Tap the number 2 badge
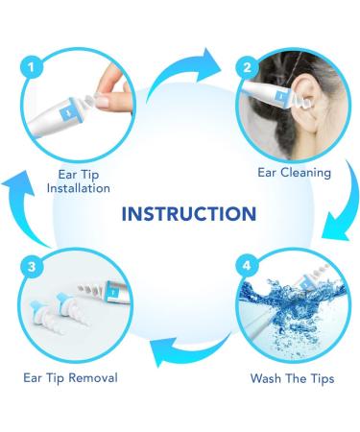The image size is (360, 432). click(x=248, y=68)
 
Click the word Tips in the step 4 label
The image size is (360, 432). click(x=321, y=378)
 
